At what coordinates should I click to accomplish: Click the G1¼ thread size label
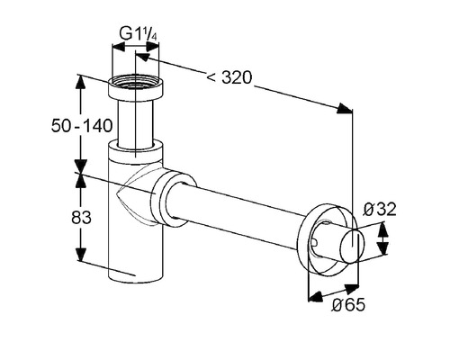coord(138,33)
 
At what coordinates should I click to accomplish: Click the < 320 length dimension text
coord(229,78)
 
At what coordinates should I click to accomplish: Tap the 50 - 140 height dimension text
coord(82,126)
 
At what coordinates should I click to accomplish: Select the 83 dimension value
coord(81,217)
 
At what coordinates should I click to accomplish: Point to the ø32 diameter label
coord(380,210)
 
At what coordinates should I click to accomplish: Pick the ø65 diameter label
coord(348,305)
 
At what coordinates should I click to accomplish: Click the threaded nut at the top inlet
coord(136,87)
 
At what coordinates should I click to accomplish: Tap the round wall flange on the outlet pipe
coord(327,240)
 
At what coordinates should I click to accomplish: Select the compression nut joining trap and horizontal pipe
coord(173,200)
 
